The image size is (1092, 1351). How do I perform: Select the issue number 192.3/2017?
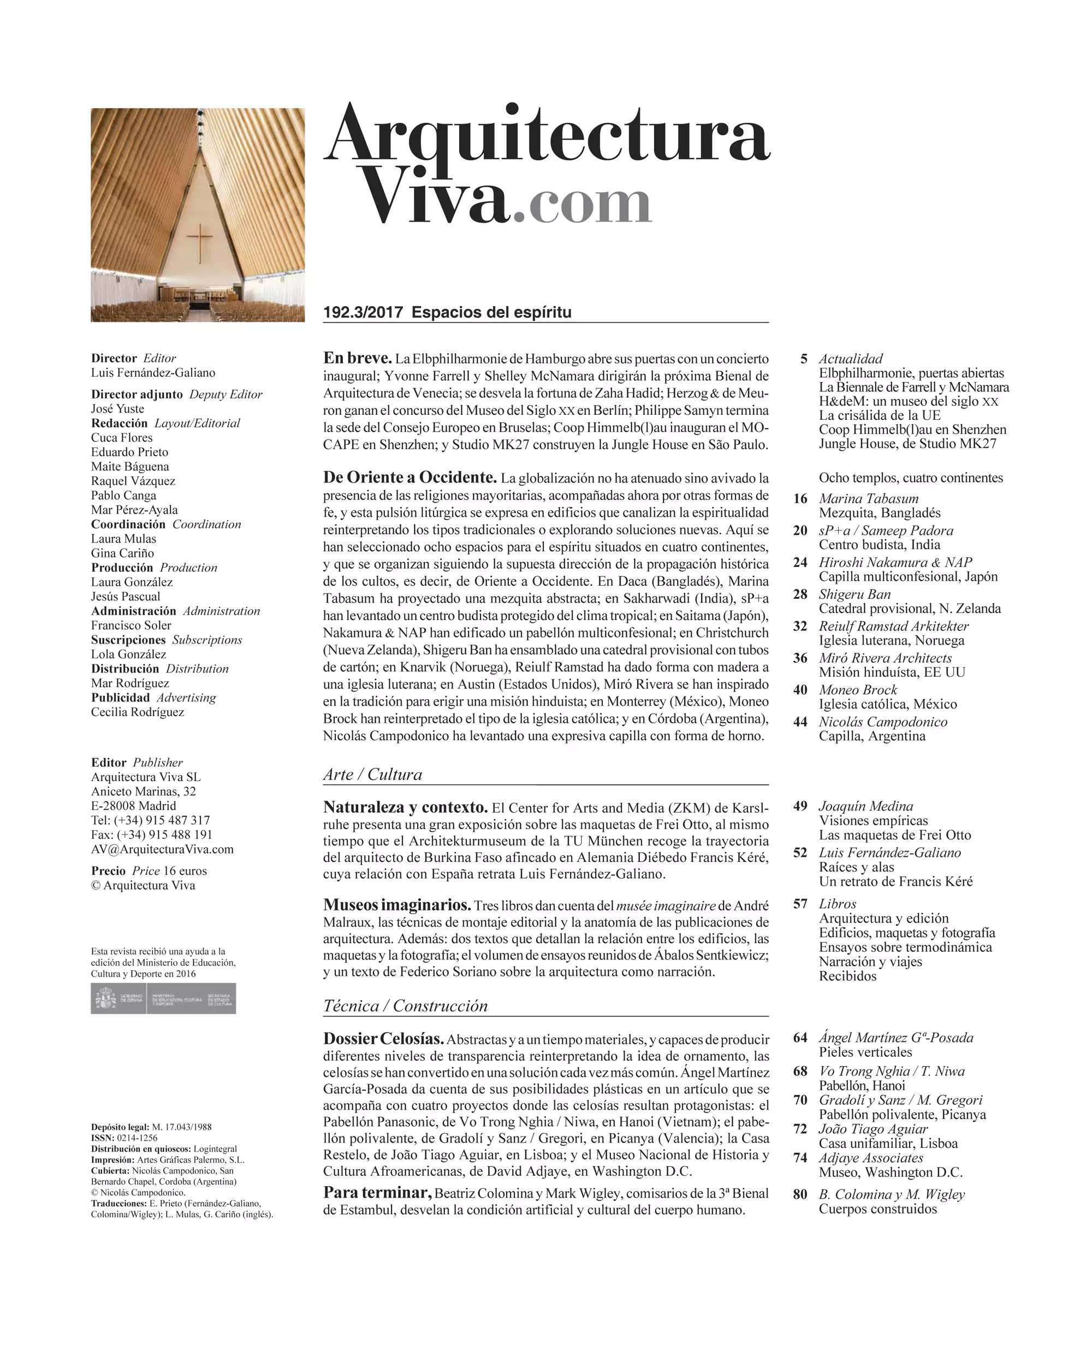pos(363,313)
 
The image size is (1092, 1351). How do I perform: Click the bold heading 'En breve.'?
pos(357,358)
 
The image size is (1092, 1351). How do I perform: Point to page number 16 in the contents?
pos(800,499)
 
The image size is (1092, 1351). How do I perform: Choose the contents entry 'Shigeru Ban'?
pos(854,594)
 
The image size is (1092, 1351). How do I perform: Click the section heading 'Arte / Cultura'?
pos(372,774)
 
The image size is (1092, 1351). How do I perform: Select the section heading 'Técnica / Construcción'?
pos(405,1005)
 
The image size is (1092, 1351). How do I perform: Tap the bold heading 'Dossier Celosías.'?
pos(384,1038)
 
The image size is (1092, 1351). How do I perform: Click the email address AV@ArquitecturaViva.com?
pos(162,849)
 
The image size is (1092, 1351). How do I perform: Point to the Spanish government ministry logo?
pos(164,999)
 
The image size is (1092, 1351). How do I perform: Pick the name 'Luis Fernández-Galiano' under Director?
pos(153,373)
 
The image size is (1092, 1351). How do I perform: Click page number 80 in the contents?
pos(800,1194)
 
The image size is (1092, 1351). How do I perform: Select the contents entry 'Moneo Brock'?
pos(857,690)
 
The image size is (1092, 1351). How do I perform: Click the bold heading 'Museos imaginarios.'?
pos(397,905)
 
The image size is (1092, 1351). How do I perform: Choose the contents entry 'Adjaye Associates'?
pos(870,1158)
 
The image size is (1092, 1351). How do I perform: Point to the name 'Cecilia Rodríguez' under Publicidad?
pos(138,712)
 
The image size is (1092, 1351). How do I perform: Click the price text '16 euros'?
pos(185,871)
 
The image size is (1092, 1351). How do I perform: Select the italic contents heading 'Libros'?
pos(837,904)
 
